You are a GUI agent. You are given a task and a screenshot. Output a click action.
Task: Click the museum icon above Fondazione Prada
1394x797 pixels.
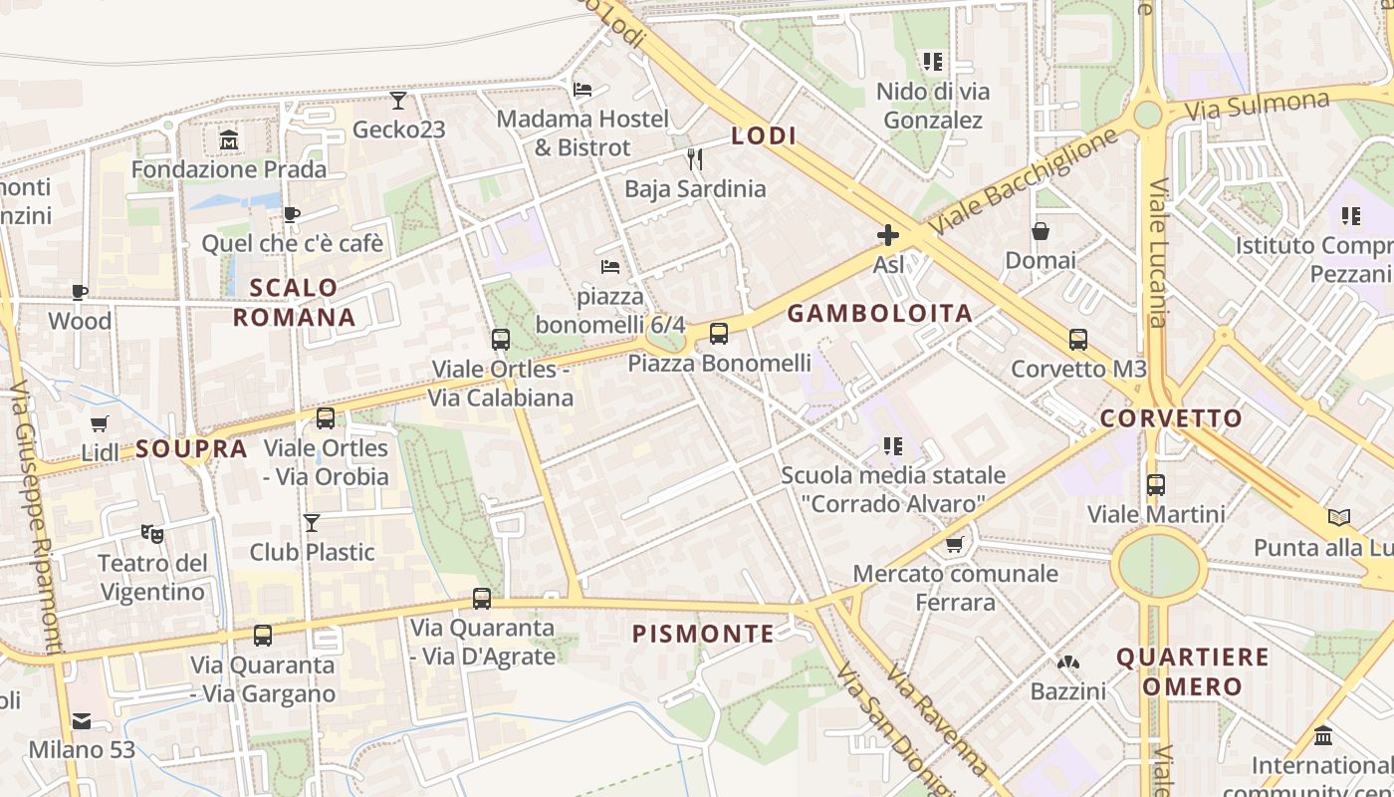(x=230, y=140)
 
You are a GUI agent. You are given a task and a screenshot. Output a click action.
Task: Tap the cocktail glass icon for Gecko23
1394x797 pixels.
(x=398, y=100)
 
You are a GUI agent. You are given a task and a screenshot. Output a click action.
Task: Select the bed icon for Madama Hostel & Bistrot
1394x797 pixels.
(x=582, y=90)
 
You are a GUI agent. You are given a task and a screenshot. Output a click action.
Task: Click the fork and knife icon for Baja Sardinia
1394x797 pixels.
(x=695, y=158)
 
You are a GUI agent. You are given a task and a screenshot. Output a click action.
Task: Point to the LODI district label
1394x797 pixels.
(x=764, y=136)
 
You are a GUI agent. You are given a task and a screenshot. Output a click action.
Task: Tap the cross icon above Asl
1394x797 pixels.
(x=887, y=235)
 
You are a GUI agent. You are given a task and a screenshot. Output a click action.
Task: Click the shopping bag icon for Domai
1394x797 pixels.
(x=1041, y=231)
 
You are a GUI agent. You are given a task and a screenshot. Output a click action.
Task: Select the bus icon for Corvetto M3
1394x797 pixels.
(x=1077, y=339)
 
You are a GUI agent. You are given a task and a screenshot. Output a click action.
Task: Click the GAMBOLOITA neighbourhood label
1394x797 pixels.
(x=879, y=314)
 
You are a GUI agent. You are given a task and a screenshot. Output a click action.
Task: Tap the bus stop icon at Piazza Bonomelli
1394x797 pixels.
(x=719, y=334)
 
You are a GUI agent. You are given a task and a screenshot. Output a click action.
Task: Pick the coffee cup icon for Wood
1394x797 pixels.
(x=80, y=292)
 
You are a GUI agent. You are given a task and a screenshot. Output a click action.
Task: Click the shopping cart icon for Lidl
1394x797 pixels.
(x=99, y=424)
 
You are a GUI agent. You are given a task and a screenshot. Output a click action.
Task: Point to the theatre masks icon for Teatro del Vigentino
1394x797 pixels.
(x=151, y=533)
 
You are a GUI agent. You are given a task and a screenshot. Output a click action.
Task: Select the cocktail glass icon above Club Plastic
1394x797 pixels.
(x=312, y=522)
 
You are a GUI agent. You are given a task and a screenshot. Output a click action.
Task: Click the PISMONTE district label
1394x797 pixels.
(x=703, y=634)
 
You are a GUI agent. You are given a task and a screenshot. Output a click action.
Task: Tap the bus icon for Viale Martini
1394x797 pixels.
(x=1155, y=485)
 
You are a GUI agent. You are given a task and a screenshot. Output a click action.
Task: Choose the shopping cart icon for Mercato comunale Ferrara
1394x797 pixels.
(x=954, y=544)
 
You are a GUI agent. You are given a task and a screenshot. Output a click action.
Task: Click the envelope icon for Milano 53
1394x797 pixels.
(x=81, y=720)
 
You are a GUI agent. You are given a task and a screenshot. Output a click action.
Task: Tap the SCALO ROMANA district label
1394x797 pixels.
(x=294, y=303)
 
